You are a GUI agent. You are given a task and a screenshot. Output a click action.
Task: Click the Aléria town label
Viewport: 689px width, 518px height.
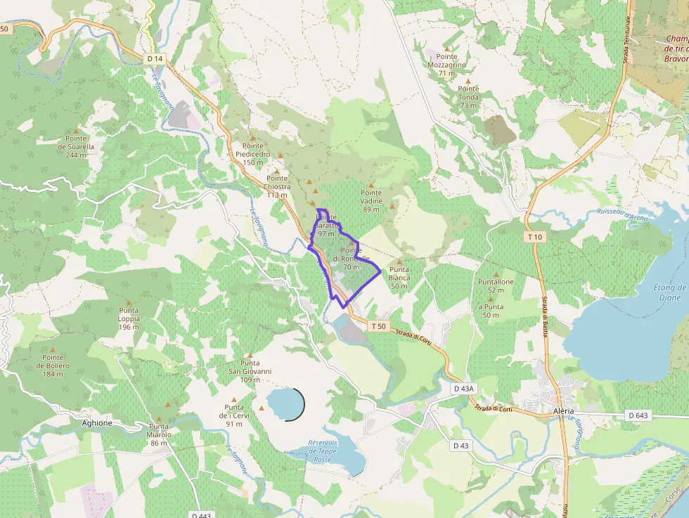coord(563,410)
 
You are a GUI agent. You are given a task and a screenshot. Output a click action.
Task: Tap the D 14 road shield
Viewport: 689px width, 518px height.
coord(155,57)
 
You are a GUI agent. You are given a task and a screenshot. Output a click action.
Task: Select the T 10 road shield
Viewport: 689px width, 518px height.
coord(534,237)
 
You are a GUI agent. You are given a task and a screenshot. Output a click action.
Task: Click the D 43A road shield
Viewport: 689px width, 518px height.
coord(465,389)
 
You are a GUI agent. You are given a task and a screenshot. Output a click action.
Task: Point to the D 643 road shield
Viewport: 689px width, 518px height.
coord(638,415)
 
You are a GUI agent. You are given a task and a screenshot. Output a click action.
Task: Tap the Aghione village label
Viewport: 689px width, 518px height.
coord(97,422)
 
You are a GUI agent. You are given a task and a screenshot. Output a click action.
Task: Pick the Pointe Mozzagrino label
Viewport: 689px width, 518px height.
coord(446,64)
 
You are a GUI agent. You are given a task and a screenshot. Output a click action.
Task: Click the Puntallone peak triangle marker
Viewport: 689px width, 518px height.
coord(496,275)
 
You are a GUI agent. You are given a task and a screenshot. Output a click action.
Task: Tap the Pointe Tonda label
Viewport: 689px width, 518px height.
coord(469,101)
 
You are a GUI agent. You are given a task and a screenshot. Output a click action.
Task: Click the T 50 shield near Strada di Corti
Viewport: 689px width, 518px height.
coord(378,326)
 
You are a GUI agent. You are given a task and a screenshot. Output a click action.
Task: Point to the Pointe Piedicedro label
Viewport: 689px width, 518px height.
coord(253,154)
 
